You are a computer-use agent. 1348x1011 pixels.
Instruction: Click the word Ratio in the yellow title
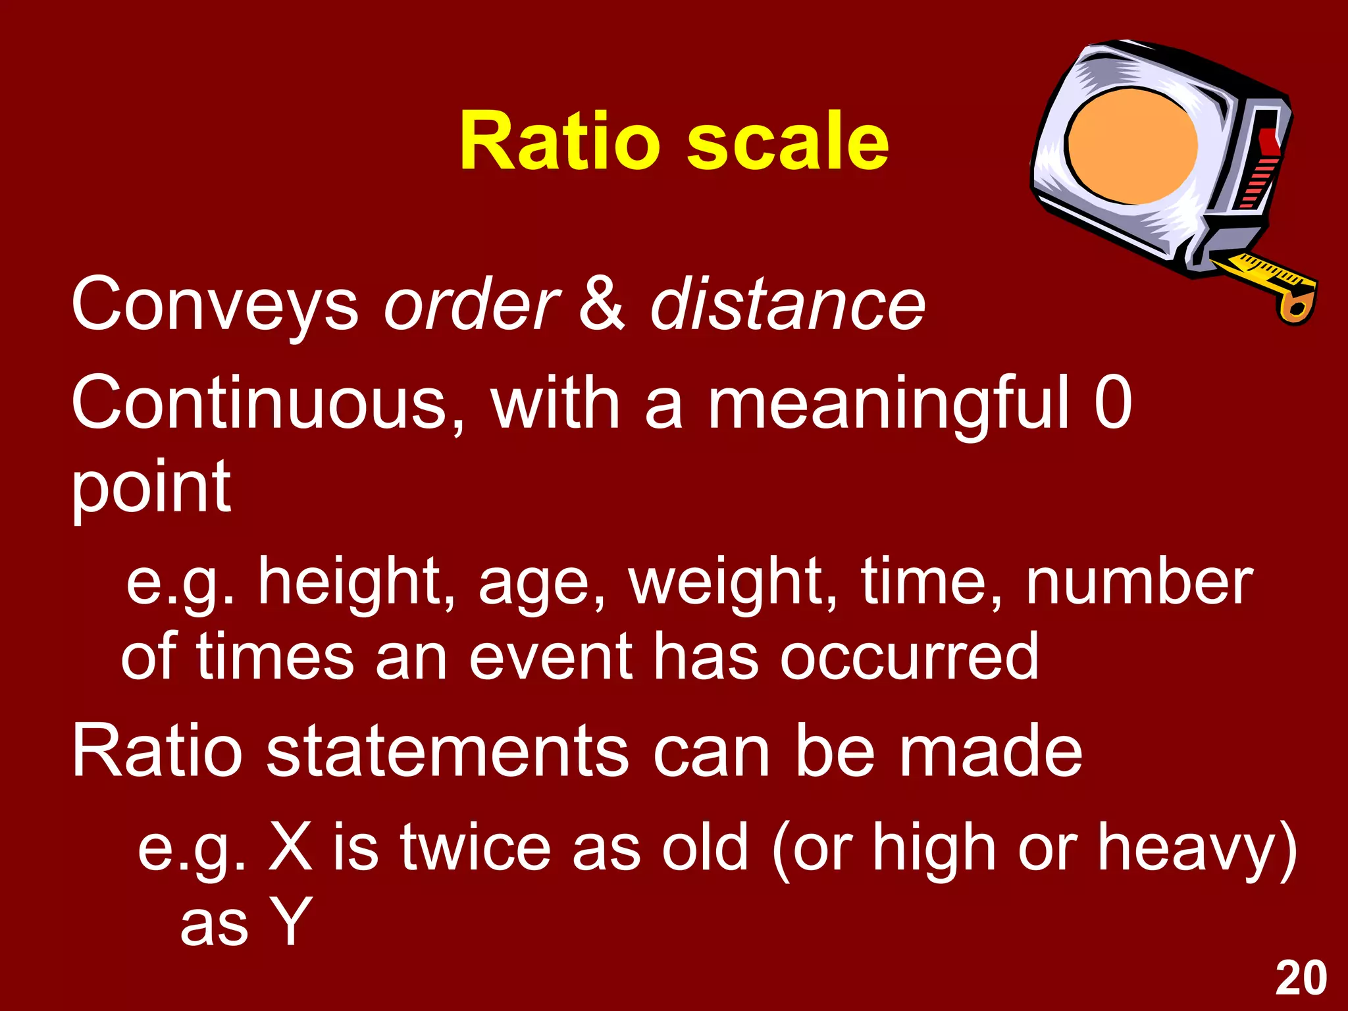(559, 142)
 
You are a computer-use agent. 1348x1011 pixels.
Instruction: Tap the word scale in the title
(788, 142)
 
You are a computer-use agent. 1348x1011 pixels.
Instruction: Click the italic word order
(471, 305)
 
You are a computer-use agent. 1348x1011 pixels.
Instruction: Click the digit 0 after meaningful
(1113, 403)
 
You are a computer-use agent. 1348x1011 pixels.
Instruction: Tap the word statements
(448, 751)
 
